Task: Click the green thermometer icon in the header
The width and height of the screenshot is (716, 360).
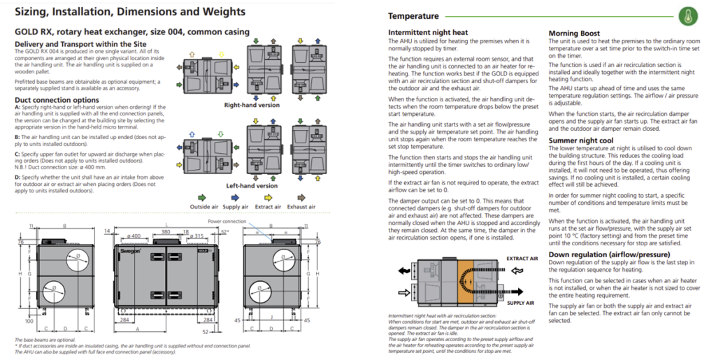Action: tap(692, 15)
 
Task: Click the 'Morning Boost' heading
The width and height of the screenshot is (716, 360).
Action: tap(573, 33)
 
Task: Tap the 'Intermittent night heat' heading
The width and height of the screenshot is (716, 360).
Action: tap(428, 33)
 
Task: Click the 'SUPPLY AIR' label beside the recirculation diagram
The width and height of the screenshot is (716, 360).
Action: tap(520, 303)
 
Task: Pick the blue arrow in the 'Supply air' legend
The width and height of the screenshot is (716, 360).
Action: tap(236, 198)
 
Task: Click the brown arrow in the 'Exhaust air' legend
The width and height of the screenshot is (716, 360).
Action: tap(301, 198)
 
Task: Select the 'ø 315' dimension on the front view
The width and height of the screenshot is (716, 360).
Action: tap(197, 236)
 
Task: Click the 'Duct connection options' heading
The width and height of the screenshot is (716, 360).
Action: tap(57, 100)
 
